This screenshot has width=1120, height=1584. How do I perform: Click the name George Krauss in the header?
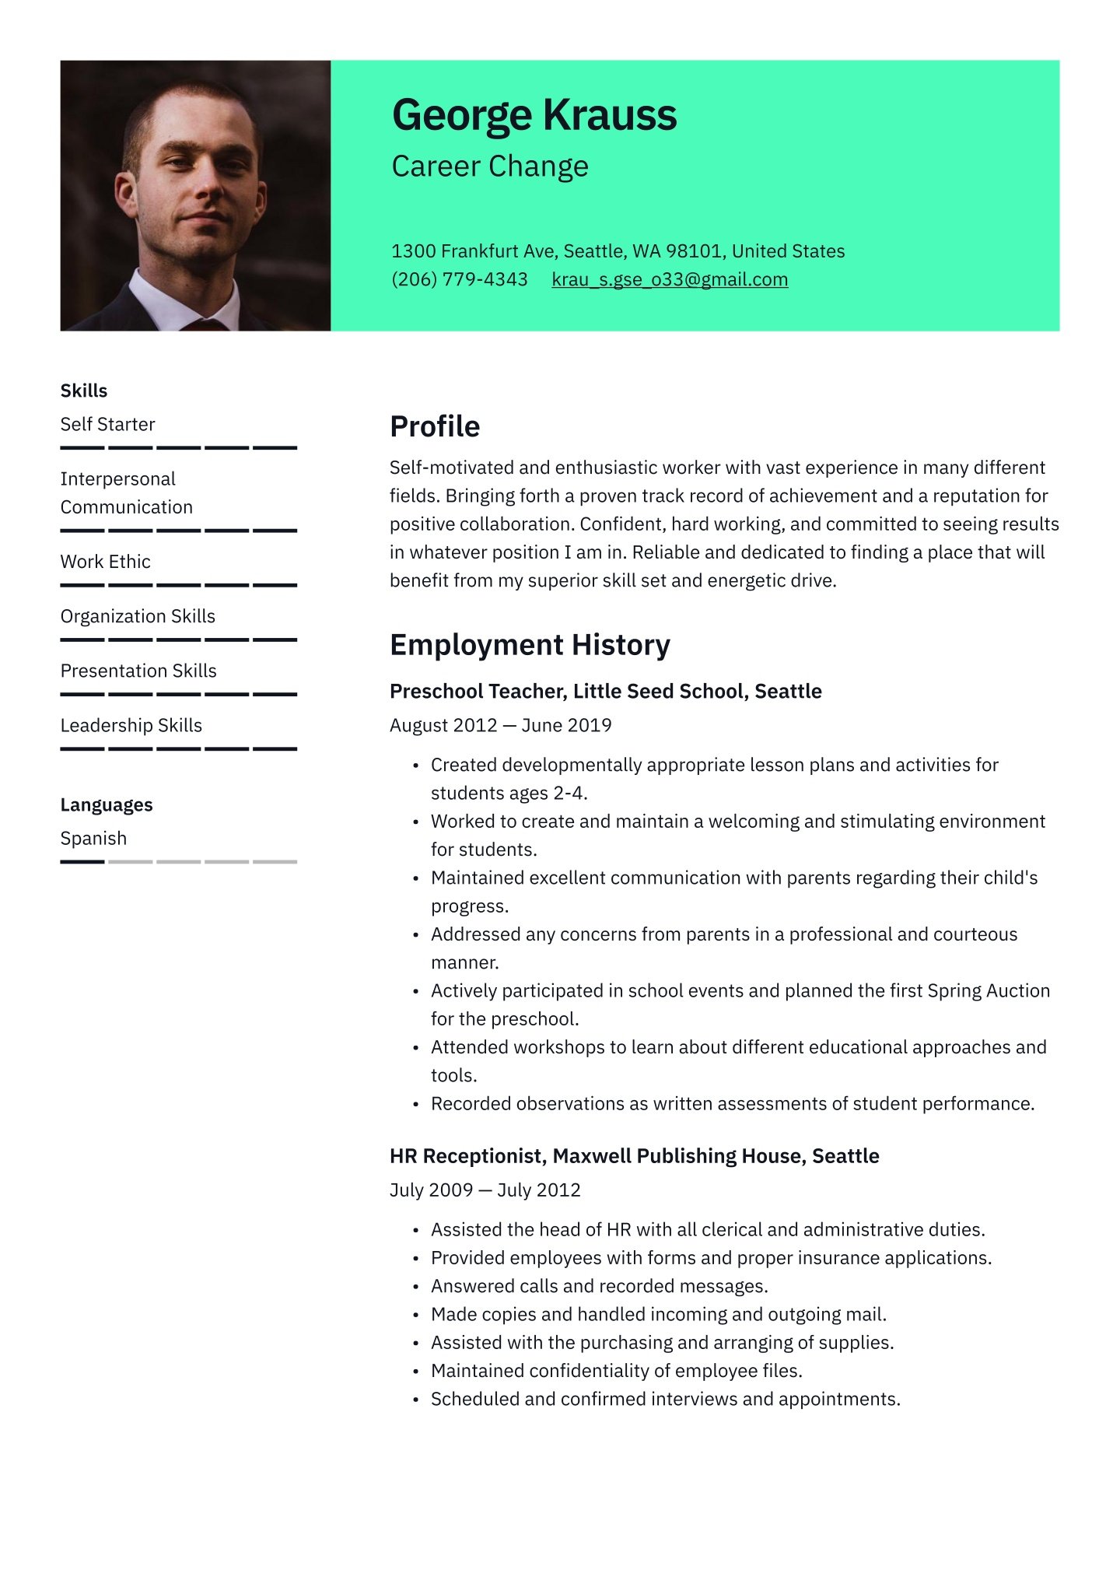(x=534, y=115)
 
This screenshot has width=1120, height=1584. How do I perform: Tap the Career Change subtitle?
(x=490, y=166)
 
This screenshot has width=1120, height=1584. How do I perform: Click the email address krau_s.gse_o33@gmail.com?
(x=670, y=279)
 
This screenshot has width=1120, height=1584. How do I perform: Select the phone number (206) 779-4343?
(x=459, y=279)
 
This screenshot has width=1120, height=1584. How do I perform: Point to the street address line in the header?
(x=618, y=251)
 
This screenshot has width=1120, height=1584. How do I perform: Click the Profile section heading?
(x=435, y=426)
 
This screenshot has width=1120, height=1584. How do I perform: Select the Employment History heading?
(x=530, y=645)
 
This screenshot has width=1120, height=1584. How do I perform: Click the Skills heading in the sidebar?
(x=84, y=391)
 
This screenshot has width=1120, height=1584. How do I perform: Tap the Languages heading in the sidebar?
(x=107, y=804)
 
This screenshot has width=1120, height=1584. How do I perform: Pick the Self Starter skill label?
(x=108, y=424)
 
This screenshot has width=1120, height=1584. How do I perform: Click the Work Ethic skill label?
(x=106, y=562)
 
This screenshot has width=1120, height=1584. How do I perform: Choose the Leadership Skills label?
(x=131, y=725)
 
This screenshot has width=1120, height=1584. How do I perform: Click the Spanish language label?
(x=93, y=838)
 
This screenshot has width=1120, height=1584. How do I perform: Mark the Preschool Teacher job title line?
(x=605, y=691)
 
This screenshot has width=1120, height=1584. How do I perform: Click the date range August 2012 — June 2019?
(x=500, y=725)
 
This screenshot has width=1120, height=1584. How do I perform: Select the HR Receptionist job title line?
(x=634, y=1156)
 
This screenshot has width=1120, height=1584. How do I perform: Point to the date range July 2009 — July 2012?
(x=485, y=1190)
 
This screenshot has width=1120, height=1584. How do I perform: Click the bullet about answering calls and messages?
(x=599, y=1286)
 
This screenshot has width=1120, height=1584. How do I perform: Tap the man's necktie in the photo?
(x=204, y=324)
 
